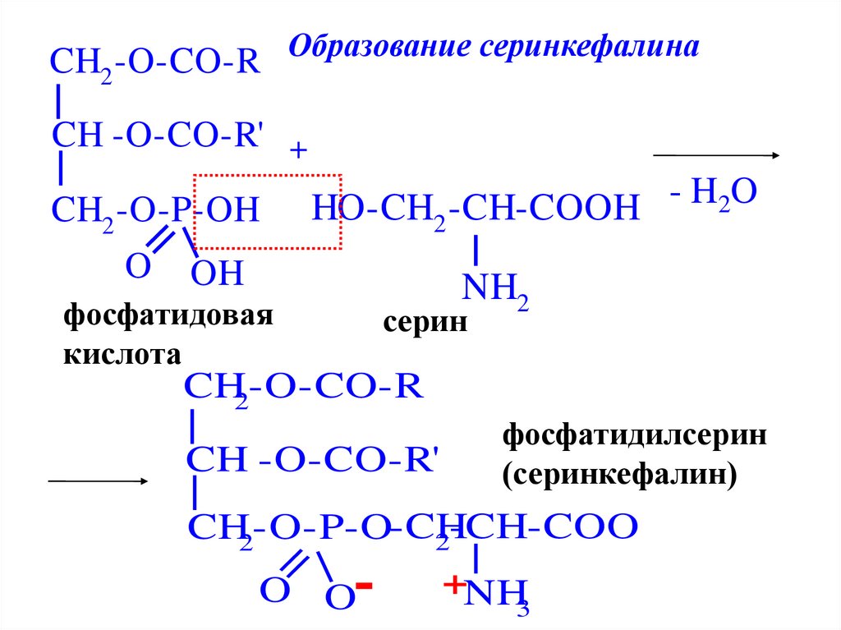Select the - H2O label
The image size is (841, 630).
(x=712, y=196)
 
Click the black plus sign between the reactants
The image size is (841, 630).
(x=298, y=152)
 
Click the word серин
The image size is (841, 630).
(x=425, y=323)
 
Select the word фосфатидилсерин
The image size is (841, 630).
(x=635, y=435)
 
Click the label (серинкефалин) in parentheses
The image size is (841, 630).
(x=620, y=474)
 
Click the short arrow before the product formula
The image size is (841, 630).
(x=98, y=481)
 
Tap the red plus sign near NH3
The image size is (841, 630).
(x=453, y=585)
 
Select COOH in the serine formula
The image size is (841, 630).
(x=585, y=209)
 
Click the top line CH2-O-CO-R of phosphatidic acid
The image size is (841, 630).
(x=155, y=63)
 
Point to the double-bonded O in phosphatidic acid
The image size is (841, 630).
(x=138, y=266)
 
